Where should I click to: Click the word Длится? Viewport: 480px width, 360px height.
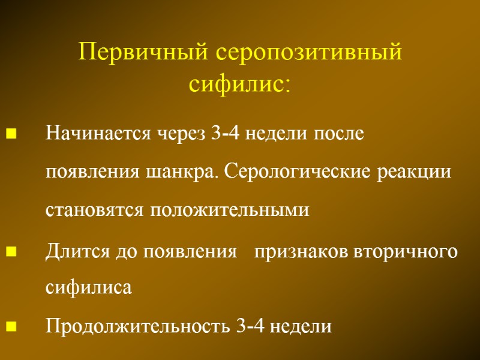click(71, 251)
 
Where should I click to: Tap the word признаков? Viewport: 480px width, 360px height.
click(293, 251)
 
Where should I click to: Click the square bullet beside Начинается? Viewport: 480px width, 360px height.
click(10, 134)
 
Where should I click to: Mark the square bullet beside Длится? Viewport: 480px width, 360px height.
click(10, 251)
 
